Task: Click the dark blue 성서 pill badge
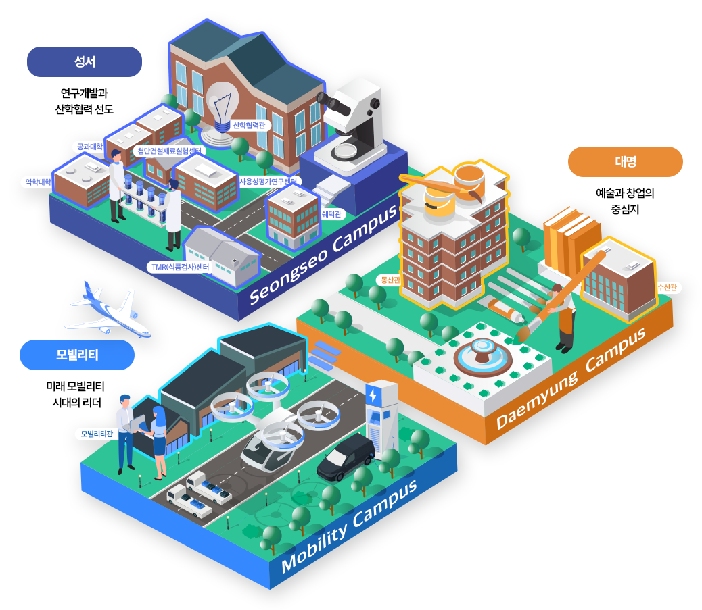[x=84, y=61]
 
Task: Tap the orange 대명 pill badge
[x=625, y=161]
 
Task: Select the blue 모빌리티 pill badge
[x=77, y=355]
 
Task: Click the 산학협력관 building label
[x=249, y=125]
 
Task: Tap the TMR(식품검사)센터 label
[x=180, y=267]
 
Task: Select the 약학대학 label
[x=38, y=182]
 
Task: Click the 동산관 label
[x=390, y=280]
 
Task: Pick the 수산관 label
[x=667, y=288]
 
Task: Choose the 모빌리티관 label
[x=97, y=434]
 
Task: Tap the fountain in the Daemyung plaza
[x=483, y=356]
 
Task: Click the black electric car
[x=346, y=457]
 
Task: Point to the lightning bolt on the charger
[x=373, y=395]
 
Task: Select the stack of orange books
[x=569, y=241]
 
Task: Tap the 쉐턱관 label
[x=332, y=214]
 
